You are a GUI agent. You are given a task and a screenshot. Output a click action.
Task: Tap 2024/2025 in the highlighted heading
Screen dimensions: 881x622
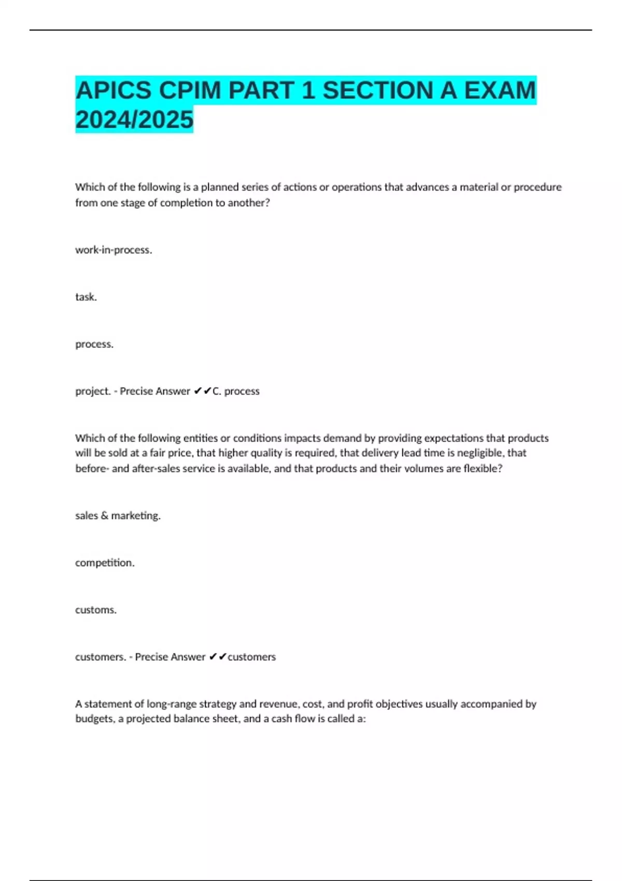click(x=134, y=120)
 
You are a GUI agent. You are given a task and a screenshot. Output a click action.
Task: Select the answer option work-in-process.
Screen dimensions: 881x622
click(x=114, y=250)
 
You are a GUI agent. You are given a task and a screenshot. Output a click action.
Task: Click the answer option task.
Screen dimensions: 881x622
click(x=86, y=297)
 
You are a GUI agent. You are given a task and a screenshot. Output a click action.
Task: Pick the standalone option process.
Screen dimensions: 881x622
click(x=94, y=344)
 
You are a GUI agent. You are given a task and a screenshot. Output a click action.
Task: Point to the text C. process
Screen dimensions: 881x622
click(x=236, y=391)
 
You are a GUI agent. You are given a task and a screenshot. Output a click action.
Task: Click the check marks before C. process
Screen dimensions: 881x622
click(x=202, y=391)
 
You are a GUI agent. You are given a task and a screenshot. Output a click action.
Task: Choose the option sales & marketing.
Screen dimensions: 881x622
click(x=118, y=516)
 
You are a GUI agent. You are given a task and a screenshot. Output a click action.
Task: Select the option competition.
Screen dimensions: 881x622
click(x=105, y=563)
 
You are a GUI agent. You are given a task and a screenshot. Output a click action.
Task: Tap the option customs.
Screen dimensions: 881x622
click(x=96, y=610)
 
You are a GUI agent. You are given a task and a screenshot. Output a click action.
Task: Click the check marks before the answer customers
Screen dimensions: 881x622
click(x=218, y=657)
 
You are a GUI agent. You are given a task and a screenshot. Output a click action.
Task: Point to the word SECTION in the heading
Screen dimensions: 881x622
click(x=377, y=91)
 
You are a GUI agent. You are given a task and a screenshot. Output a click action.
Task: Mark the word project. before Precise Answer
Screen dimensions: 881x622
click(x=93, y=391)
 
